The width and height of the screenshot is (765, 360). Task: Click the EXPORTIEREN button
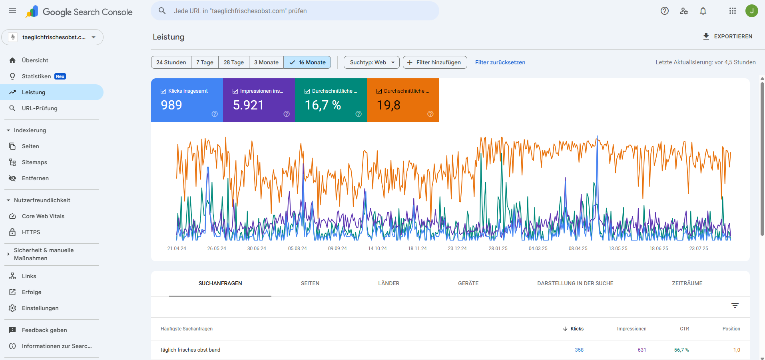pyautogui.click(x=727, y=36)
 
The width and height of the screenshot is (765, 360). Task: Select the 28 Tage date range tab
pyautogui.click(x=233, y=62)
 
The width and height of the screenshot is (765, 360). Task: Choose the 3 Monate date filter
pyautogui.click(x=266, y=62)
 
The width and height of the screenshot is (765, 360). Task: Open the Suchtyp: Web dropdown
pyautogui.click(x=371, y=62)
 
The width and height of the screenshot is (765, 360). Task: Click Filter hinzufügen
pyautogui.click(x=434, y=62)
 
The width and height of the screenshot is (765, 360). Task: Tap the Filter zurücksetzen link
pyautogui.click(x=500, y=62)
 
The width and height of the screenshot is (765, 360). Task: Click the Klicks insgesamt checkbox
pyautogui.click(x=163, y=91)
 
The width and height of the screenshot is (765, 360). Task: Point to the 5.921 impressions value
pyautogui.click(x=248, y=105)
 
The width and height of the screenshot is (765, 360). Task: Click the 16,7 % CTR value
pyautogui.click(x=323, y=105)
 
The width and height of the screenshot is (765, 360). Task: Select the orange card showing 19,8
pyautogui.click(x=402, y=101)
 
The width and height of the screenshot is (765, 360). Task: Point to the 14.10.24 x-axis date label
pyautogui.click(x=377, y=249)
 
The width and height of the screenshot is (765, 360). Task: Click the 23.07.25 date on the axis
pyautogui.click(x=698, y=249)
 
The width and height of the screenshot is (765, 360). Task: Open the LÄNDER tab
pyautogui.click(x=388, y=283)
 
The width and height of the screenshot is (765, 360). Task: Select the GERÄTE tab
pyautogui.click(x=468, y=283)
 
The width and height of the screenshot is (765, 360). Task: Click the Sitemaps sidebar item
pyautogui.click(x=34, y=162)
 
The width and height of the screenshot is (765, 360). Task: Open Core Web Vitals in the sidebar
pyautogui.click(x=43, y=216)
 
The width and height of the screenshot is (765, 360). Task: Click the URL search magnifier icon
pyautogui.click(x=162, y=11)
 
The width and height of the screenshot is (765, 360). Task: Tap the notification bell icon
pyautogui.click(x=703, y=11)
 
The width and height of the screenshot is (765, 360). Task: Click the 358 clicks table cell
pyautogui.click(x=579, y=350)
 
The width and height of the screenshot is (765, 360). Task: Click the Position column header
pyautogui.click(x=731, y=329)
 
